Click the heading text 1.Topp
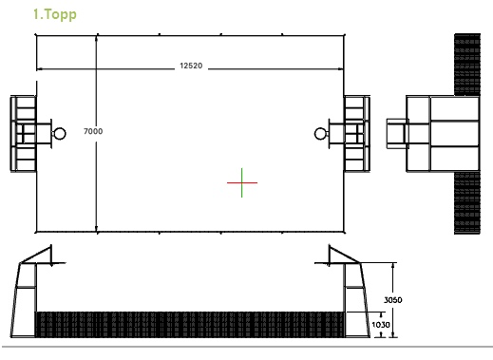(55, 14)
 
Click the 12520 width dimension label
(191, 66)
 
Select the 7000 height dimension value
(93, 131)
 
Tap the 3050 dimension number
(393, 300)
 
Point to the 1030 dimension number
(381, 325)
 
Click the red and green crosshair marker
(242, 182)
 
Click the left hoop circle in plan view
(60, 134)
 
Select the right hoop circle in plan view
(320, 134)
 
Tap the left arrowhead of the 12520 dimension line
(39, 68)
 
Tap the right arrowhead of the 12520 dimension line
(341, 68)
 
